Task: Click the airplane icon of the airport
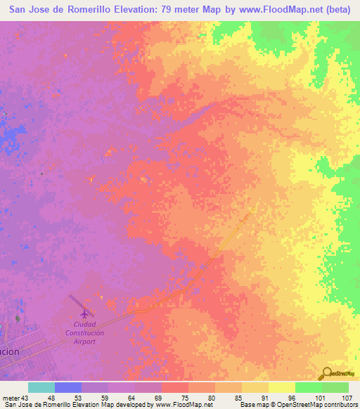coord(86,313)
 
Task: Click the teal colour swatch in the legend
coord(41,387)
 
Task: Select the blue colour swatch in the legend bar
coord(68,387)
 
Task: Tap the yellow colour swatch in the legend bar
coord(281,387)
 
